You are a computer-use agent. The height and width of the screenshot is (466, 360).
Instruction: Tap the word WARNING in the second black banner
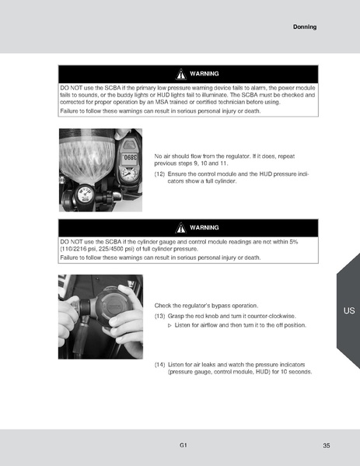tap(204, 227)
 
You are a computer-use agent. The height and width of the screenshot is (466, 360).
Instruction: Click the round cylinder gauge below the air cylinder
tap(83, 194)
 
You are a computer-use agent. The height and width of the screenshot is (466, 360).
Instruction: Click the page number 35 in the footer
tap(326, 445)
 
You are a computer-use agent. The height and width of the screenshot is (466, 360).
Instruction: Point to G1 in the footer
tap(182, 444)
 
